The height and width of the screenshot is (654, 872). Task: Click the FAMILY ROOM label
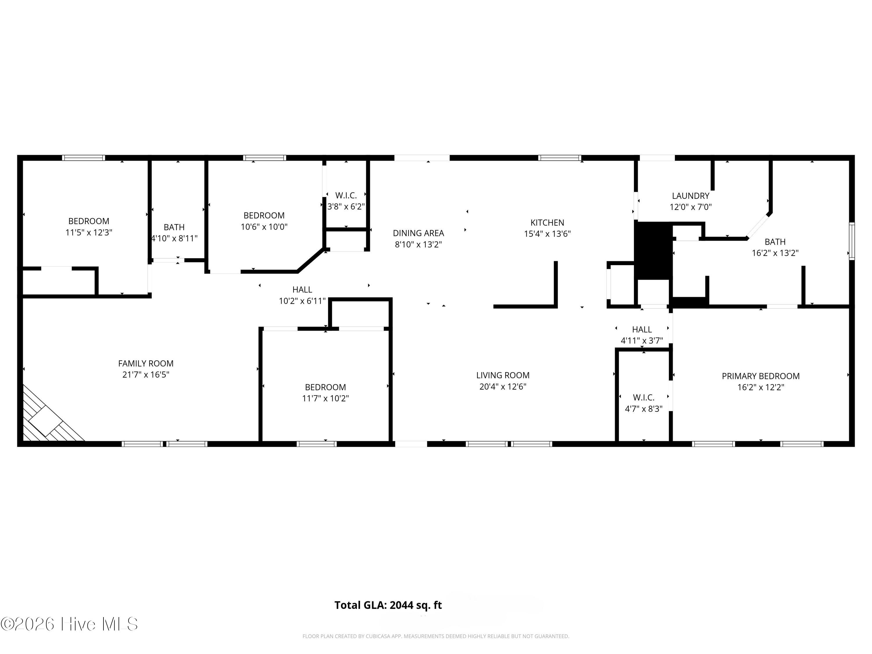coord(146,363)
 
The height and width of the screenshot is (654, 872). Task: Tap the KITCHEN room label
coord(547,223)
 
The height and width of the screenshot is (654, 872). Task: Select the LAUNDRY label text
coord(691,196)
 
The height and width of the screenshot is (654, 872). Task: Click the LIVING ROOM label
coord(503,375)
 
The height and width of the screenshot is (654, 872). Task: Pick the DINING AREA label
coord(418,233)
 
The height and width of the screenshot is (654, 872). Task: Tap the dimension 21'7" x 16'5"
coord(146,374)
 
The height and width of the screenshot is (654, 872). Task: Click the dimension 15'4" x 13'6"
coord(547,234)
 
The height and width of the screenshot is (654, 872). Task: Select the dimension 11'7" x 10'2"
coord(325,399)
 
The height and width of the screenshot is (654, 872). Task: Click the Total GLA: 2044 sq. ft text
coord(388,605)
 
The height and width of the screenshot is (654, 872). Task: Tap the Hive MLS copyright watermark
coord(69,624)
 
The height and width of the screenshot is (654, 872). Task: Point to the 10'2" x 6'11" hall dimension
coord(302,301)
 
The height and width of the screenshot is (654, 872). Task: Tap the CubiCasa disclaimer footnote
coord(436,636)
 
